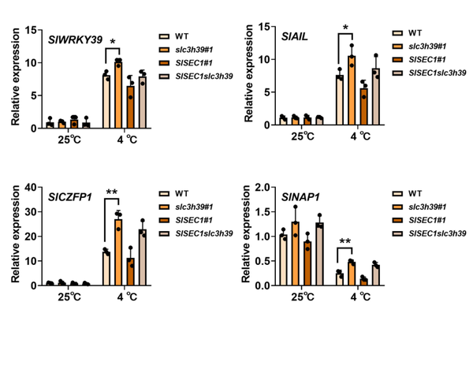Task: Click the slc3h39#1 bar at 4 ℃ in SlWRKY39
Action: (118, 94)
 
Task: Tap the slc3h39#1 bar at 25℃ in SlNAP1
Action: (295, 253)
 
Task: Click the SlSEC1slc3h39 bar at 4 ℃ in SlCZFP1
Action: (143, 256)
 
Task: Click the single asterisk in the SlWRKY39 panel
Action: (113, 43)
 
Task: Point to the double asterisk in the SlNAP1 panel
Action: (345, 242)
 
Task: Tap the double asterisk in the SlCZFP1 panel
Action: (112, 192)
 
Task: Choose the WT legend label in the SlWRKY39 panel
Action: (182, 36)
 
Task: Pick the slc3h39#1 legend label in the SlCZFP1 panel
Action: (195, 207)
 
